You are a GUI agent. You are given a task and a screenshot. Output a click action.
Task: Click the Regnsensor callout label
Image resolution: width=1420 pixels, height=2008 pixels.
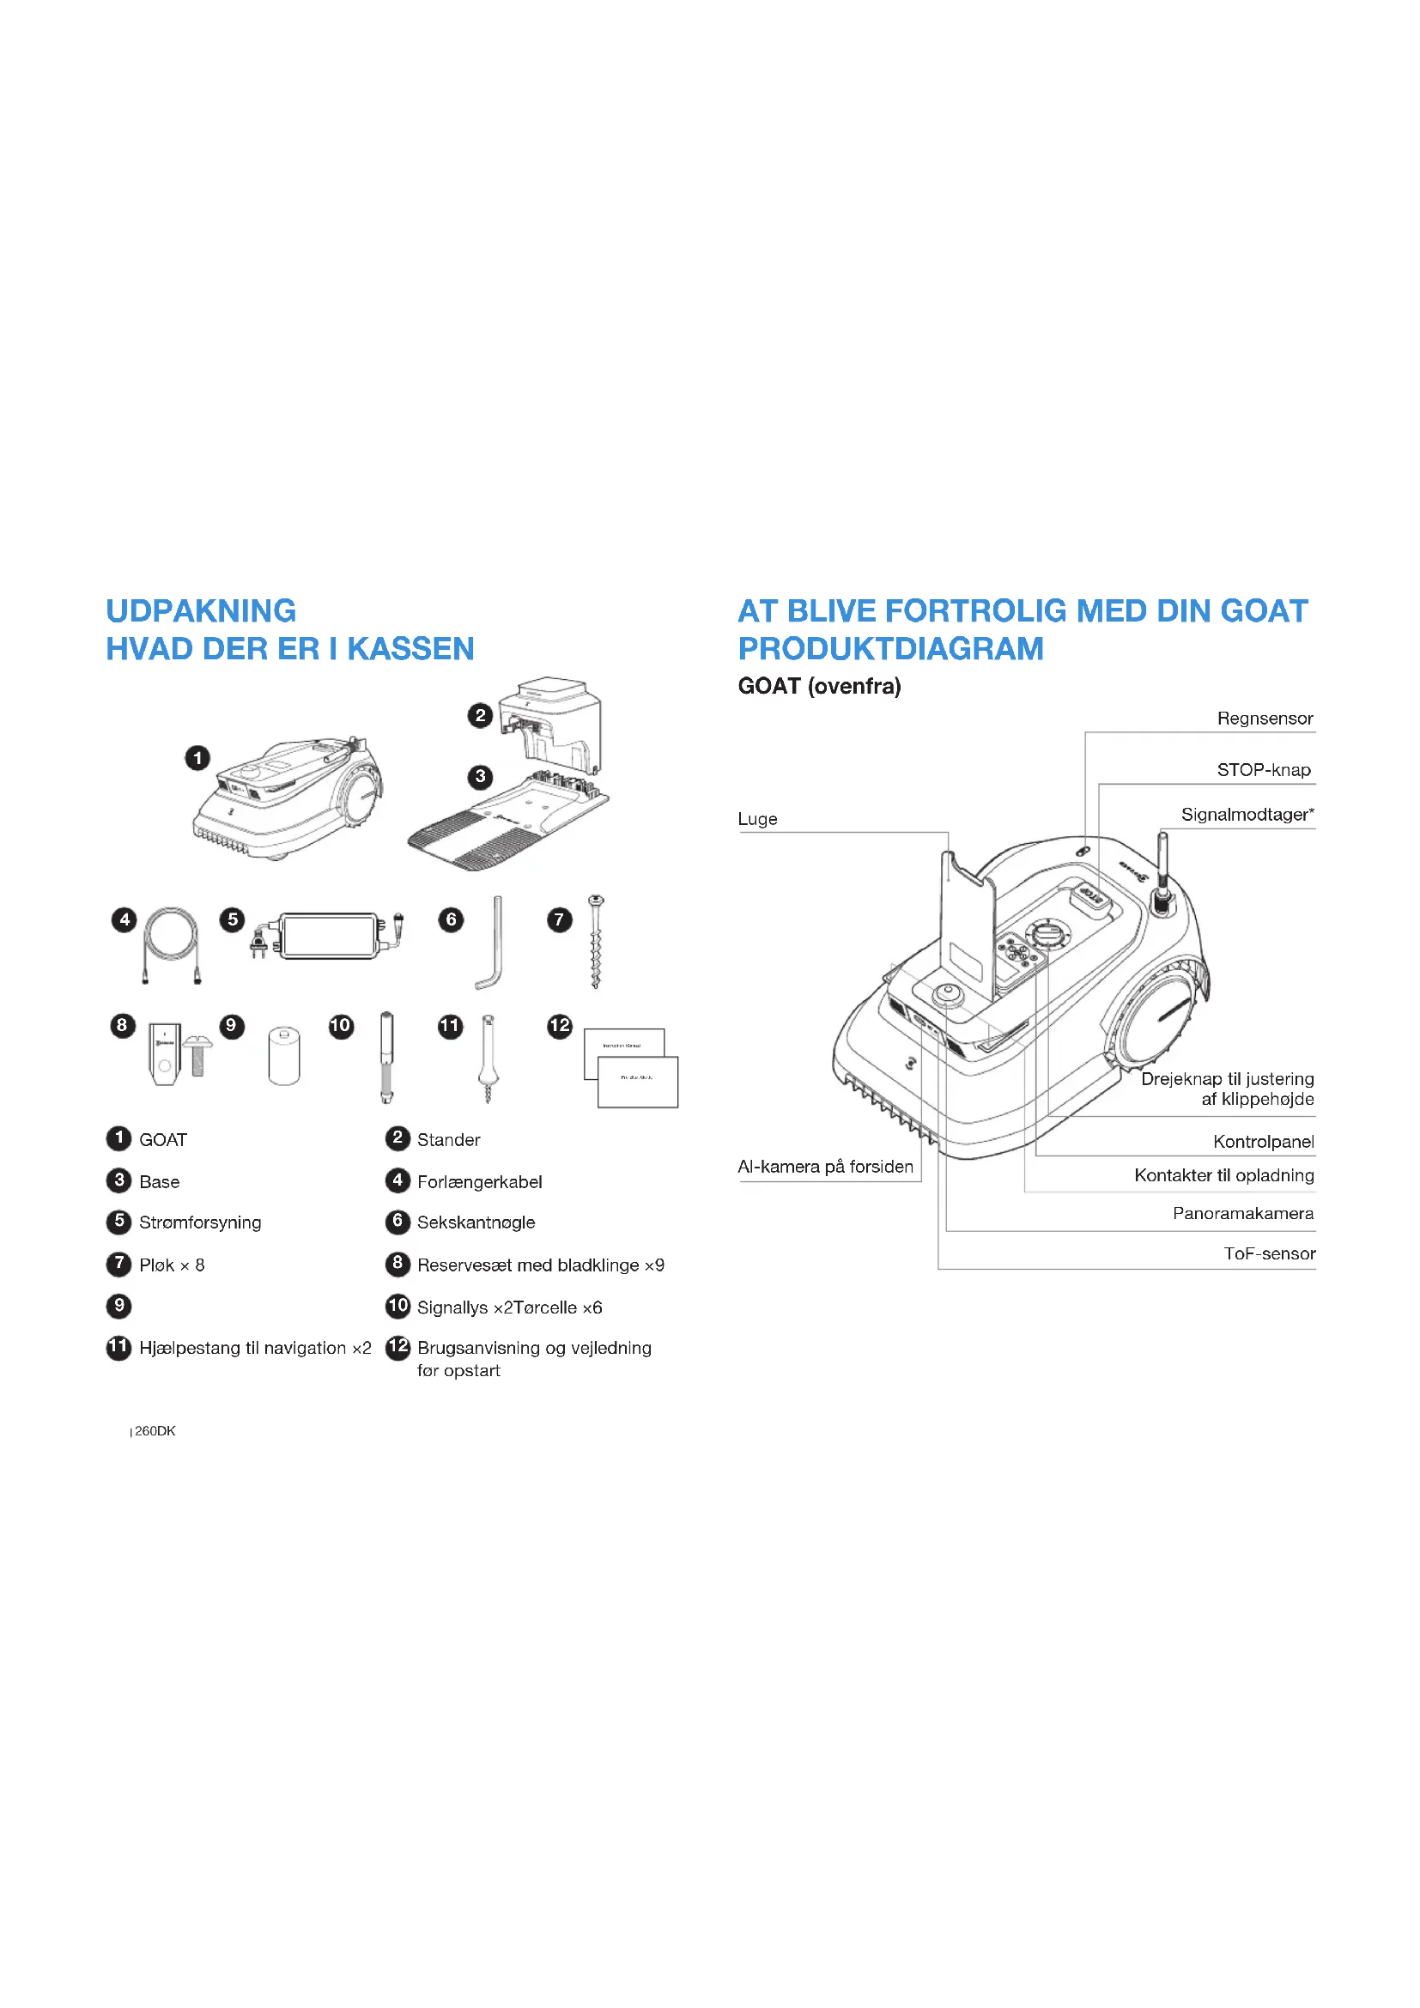coord(1265,719)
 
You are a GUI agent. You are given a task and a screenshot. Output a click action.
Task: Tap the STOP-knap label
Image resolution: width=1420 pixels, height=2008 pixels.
coord(1264,770)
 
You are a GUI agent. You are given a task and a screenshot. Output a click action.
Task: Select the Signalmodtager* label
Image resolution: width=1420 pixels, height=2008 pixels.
coord(1247,815)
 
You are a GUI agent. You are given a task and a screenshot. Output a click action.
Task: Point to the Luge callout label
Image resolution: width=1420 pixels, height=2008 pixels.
coord(757,820)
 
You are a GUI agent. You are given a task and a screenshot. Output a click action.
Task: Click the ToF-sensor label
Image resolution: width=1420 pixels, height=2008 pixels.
coord(1269,1254)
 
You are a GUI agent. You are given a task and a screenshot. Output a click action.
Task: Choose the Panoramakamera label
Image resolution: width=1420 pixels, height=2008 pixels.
coord(1242,1214)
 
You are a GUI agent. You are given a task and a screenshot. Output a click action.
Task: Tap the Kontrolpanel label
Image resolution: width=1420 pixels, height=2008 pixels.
coord(1263,1142)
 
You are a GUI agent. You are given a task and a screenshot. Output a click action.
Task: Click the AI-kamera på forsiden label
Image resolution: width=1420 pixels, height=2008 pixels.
coord(825,1167)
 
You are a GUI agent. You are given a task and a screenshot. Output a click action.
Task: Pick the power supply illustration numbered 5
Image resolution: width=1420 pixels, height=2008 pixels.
coord(329,936)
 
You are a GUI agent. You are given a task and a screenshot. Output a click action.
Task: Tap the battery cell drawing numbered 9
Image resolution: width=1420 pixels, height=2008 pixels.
coord(283,1057)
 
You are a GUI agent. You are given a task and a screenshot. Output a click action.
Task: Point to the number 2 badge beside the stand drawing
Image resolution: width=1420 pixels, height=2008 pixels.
coord(480,715)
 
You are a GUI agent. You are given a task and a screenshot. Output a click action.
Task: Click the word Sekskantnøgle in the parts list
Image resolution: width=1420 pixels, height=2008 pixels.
coord(476,1222)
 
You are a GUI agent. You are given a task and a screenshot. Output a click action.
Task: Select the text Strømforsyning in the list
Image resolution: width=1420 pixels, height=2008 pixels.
coord(200,1222)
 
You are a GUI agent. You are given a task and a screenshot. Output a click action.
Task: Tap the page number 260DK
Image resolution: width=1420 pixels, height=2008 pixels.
coord(155,1432)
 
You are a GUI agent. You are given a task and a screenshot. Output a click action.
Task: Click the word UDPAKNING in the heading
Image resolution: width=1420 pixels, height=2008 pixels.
coord(201,610)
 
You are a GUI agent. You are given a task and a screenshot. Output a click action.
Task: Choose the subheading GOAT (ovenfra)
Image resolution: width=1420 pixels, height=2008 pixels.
coord(819,687)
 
